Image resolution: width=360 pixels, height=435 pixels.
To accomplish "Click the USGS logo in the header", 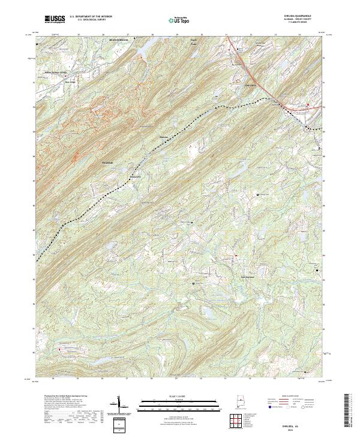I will tap(55, 20).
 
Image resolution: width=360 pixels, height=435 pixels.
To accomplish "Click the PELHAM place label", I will tap(107, 163).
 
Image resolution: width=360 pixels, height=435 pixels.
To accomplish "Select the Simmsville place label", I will tap(136, 177).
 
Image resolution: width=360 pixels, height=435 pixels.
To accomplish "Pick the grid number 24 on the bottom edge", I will tap(54, 379).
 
